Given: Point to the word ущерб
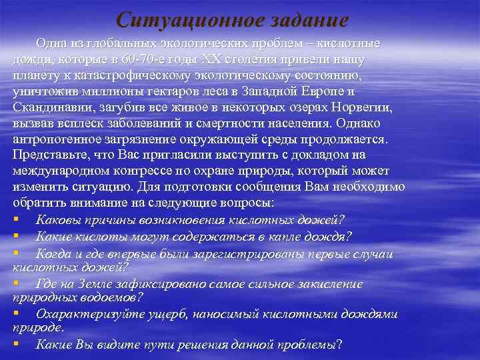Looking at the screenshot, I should (162, 313).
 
